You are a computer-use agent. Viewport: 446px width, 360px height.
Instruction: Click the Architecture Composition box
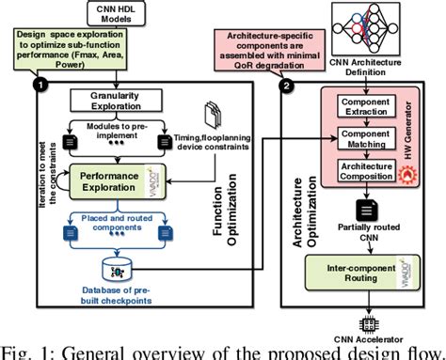pyautogui.click(x=362, y=173)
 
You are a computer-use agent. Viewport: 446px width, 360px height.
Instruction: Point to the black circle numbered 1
pyautogui.click(x=39, y=85)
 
